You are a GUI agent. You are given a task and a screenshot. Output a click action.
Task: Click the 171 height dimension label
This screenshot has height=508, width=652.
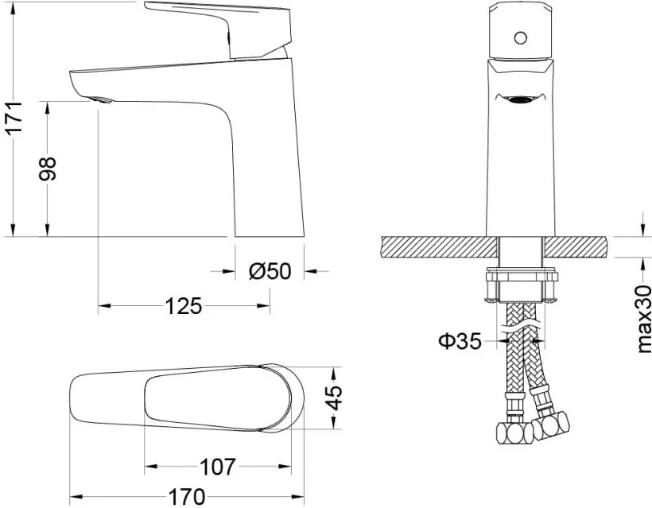point(14,117)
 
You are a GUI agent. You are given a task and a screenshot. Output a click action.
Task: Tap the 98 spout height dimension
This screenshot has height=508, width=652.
point(47,169)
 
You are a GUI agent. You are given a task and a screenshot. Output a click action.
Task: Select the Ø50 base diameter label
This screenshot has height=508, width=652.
point(270,271)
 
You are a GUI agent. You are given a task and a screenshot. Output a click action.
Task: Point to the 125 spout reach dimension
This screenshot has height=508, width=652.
point(184,306)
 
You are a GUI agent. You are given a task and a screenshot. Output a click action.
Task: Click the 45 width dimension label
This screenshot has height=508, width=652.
point(335,397)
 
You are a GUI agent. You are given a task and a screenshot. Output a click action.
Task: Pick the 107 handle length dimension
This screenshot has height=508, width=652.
point(218,467)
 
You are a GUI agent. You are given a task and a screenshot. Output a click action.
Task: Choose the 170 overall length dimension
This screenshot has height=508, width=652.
point(187,497)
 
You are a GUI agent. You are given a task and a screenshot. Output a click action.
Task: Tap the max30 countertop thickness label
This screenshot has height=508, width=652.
point(644,320)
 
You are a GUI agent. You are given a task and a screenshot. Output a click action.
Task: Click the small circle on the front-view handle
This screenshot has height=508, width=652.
point(520,38)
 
